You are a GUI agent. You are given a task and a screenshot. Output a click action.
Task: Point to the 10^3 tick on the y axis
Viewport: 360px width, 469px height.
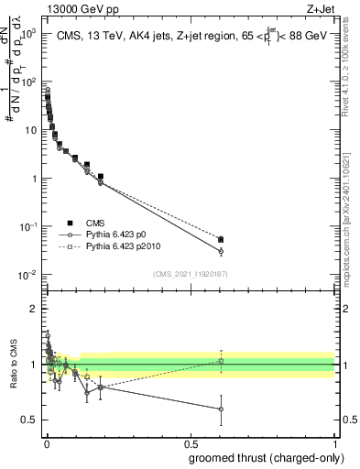(x=28, y=32)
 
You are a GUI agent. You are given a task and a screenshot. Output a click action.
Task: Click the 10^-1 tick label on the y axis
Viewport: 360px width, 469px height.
(x=28, y=226)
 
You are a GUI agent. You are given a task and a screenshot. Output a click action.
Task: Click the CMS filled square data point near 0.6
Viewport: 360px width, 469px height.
(x=221, y=240)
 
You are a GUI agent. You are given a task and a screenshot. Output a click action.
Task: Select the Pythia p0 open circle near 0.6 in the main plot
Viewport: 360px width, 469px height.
(x=221, y=251)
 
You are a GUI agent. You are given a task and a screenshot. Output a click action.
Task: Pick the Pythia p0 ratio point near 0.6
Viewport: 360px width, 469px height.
(x=221, y=409)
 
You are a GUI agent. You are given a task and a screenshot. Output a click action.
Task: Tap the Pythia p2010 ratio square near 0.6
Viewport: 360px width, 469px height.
(x=221, y=361)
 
